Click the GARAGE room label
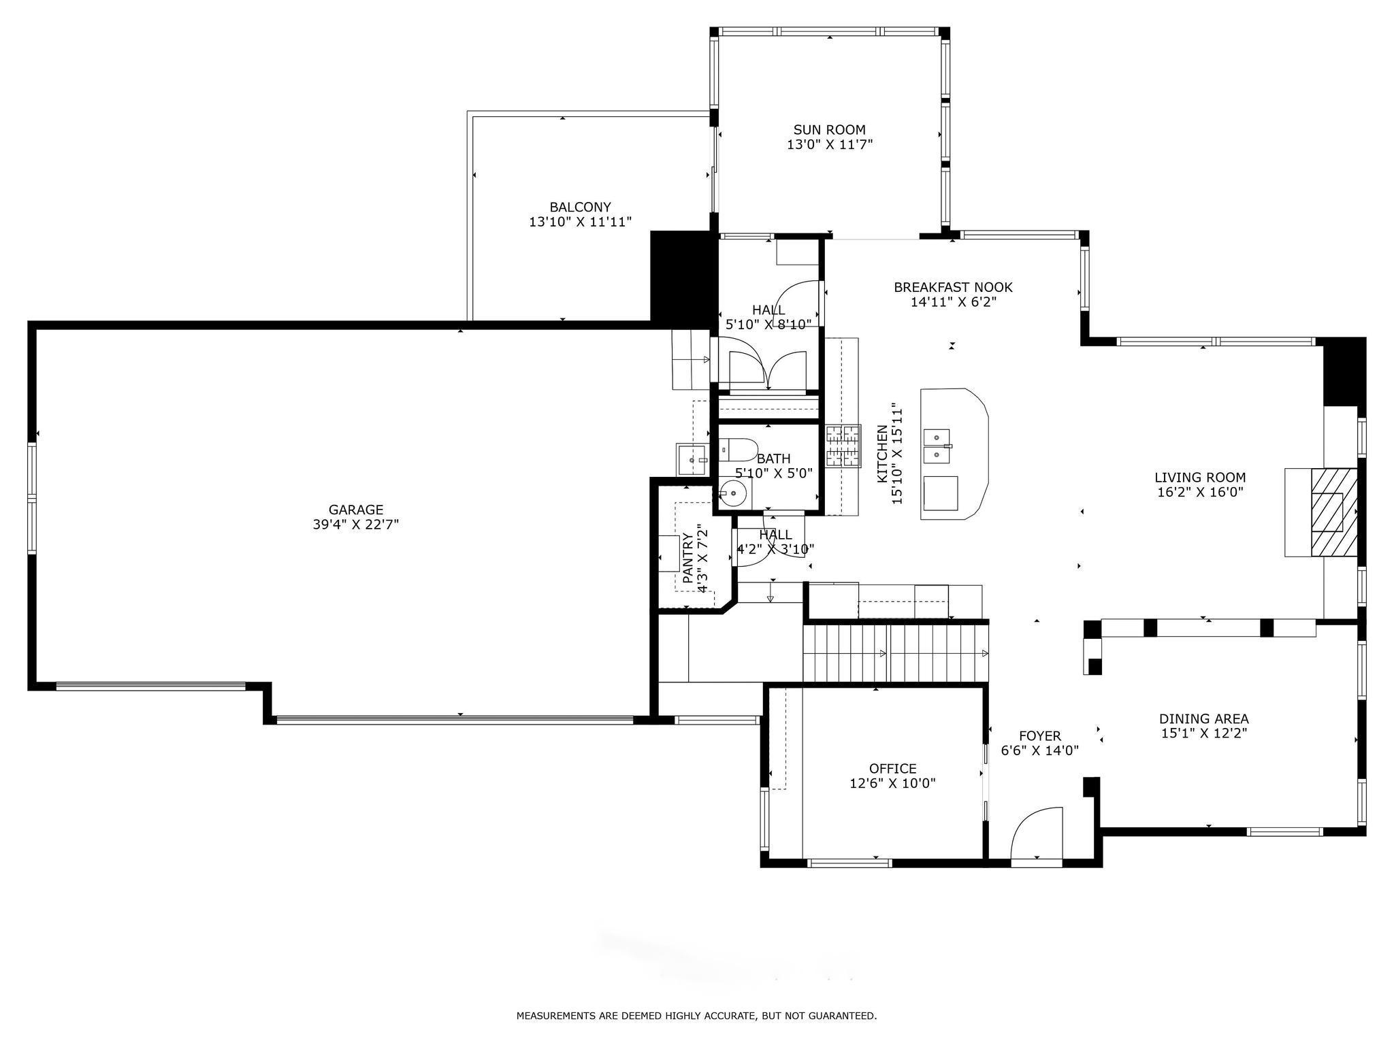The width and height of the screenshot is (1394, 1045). pos(356,510)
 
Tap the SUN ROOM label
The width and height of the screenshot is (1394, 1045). pos(830,130)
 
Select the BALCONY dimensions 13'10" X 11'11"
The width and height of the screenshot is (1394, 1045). pos(581,222)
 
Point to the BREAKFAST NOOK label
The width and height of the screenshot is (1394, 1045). pos(954,288)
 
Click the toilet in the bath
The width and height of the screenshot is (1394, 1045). pos(738,450)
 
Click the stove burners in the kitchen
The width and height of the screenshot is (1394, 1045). pos(843,446)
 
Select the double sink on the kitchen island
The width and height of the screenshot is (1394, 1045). pos(938,446)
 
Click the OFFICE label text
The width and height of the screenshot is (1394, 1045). pos(893,769)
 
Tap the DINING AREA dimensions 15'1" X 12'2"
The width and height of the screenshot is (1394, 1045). pos(1204,733)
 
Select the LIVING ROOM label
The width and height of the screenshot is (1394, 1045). pos(1201,478)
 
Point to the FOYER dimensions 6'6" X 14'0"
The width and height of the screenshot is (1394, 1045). pos(1040,750)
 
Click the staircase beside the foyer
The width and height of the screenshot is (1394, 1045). pos(896,653)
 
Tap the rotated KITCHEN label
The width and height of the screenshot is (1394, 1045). pos(882,454)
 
